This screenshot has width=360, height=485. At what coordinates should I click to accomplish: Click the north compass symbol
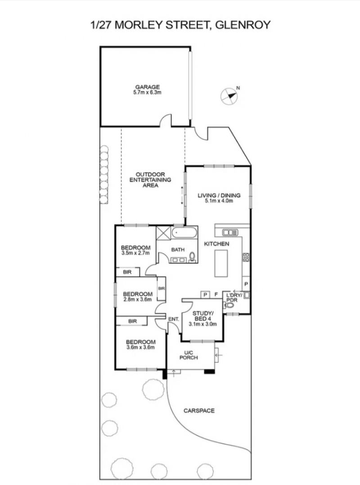(x=229, y=96)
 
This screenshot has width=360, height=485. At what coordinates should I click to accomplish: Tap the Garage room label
(x=148, y=87)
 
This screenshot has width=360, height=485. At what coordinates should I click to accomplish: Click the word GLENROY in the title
(x=243, y=25)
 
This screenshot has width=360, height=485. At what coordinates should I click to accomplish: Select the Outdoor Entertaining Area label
(x=150, y=180)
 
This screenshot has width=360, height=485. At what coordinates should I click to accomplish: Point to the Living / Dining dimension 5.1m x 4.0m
(x=219, y=201)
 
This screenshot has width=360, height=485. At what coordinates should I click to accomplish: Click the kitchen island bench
(x=221, y=263)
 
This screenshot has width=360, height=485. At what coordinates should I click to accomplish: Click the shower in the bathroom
(x=163, y=233)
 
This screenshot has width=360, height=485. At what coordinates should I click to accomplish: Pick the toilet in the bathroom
(x=193, y=257)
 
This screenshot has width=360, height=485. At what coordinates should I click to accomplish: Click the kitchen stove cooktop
(x=246, y=257)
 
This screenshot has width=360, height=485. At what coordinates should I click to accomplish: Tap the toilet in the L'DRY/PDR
(x=229, y=306)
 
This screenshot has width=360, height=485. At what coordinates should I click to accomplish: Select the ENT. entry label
(x=174, y=319)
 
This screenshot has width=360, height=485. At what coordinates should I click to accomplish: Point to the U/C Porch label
(x=189, y=355)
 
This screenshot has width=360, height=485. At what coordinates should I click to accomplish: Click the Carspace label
(x=199, y=411)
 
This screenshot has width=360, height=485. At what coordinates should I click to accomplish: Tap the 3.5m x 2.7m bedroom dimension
(x=135, y=253)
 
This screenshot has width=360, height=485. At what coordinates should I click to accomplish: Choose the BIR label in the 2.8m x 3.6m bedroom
(x=161, y=289)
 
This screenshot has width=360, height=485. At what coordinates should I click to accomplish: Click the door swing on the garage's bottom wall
(x=165, y=120)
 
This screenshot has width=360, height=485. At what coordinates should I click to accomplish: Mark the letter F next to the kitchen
(x=216, y=295)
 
